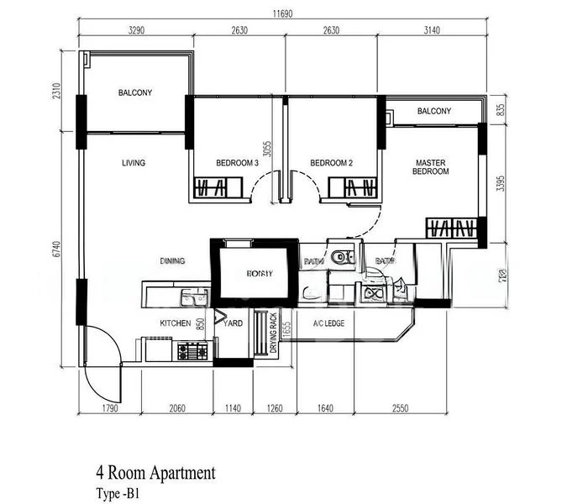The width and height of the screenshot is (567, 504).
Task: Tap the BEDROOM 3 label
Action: (237, 163)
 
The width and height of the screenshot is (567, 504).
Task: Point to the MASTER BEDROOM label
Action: (430, 166)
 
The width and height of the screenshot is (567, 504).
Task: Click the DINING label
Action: (172, 261)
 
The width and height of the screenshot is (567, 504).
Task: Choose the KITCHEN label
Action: (177, 323)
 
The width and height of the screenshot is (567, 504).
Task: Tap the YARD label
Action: (235, 323)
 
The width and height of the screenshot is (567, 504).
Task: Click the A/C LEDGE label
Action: (328, 323)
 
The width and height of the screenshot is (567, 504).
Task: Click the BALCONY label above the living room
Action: (135, 93)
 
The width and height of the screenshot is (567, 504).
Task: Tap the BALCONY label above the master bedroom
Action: (433, 112)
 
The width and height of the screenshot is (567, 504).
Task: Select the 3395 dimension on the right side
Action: (500, 184)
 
